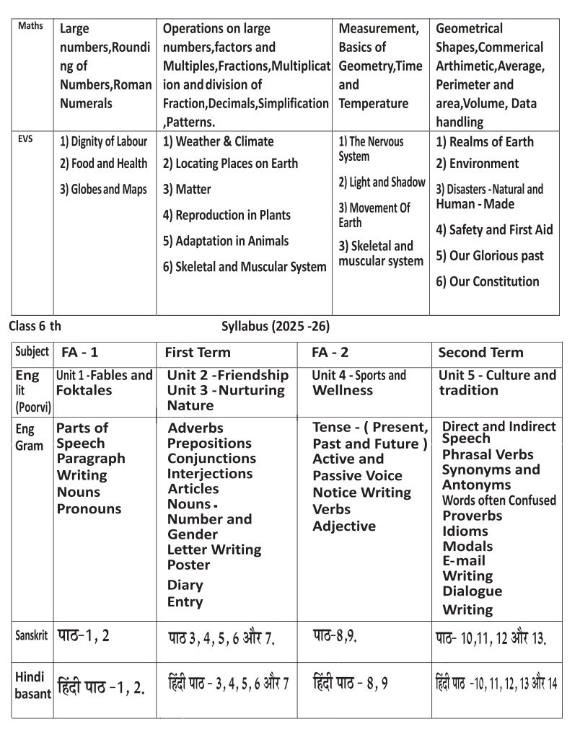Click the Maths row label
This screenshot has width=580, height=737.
[30, 27]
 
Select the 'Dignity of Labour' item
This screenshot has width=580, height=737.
[104, 142]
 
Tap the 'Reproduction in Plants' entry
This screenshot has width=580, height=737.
[227, 215]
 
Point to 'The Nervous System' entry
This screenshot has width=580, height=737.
[371, 149]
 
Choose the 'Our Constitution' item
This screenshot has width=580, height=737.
[487, 281]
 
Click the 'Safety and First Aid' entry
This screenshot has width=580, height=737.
[494, 230]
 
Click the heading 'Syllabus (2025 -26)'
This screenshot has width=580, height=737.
[276, 326]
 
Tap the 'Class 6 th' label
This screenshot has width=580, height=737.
[35, 326]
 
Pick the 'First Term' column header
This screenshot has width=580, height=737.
[198, 353]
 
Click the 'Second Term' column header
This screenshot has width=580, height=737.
[480, 353]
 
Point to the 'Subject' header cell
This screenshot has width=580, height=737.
[32, 352]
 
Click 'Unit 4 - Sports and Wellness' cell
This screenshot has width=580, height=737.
[359, 383]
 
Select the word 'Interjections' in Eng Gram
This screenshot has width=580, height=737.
[210, 474]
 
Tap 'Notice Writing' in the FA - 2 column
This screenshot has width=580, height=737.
[361, 493]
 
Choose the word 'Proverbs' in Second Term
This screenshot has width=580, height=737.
[472, 516]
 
